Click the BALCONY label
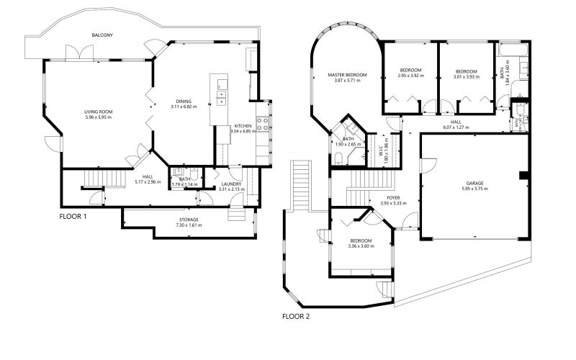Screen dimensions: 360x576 [102, 35]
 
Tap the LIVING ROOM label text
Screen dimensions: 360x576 [99, 112]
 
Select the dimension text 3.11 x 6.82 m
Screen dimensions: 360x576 [184, 107]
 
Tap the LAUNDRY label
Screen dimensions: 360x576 [231, 184]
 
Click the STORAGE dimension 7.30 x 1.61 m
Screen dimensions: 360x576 [189, 225]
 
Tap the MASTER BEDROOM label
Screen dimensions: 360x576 [347, 75]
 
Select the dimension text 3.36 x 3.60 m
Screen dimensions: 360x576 [361, 246]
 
